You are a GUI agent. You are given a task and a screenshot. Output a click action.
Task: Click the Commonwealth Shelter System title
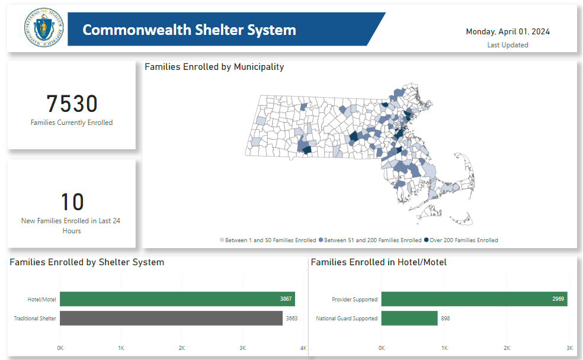(x=189, y=30)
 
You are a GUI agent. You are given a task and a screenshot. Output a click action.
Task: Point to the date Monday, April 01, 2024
(x=507, y=31)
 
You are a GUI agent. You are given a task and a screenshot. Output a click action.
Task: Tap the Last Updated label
(x=507, y=45)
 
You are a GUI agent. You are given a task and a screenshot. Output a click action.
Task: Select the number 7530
(x=72, y=104)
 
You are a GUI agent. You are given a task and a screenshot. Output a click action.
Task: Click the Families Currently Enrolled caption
(x=72, y=123)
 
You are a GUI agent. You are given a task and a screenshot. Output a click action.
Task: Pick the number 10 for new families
(x=72, y=202)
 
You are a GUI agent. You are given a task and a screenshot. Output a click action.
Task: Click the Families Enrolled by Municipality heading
(x=214, y=67)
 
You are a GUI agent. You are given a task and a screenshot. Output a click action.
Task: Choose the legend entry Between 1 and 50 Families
(x=268, y=240)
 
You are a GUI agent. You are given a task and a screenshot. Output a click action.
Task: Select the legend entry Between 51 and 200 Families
(x=370, y=240)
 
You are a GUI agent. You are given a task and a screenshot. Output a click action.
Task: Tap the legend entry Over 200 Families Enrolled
(x=461, y=240)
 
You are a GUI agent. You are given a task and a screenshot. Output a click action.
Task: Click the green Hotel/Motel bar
(x=177, y=299)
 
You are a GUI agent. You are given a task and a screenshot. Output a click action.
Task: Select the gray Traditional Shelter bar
(x=171, y=318)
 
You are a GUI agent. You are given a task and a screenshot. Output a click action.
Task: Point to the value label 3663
(x=291, y=319)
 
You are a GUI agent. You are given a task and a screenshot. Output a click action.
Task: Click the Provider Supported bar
(x=474, y=299)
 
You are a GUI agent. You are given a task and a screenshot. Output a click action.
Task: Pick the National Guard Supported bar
(x=409, y=318)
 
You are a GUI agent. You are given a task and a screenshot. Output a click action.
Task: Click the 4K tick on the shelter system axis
(x=303, y=348)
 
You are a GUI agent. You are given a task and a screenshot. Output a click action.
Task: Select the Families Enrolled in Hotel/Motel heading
(x=379, y=262)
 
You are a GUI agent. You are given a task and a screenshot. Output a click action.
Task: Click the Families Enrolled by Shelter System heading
(x=87, y=262)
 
